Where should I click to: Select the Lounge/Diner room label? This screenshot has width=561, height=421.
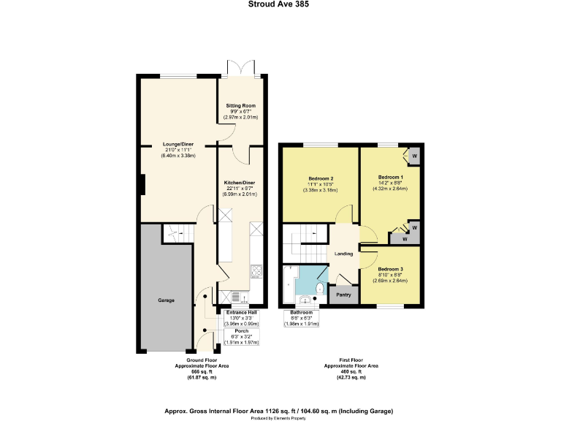click(x=178, y=145)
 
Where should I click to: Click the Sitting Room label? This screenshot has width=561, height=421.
click(x=240, y=105)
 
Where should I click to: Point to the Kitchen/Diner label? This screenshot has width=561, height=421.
click(x=240, y=181)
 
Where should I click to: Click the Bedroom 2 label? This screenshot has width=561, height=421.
click(x=321, y=179)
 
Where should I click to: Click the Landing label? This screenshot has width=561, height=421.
click(x=343, y=254)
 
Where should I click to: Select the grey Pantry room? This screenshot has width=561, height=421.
click(x=343, y=295)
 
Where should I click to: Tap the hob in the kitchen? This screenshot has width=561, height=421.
click(x=256, y=273)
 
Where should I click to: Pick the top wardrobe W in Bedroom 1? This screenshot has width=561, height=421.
click(x=414, y=156)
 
